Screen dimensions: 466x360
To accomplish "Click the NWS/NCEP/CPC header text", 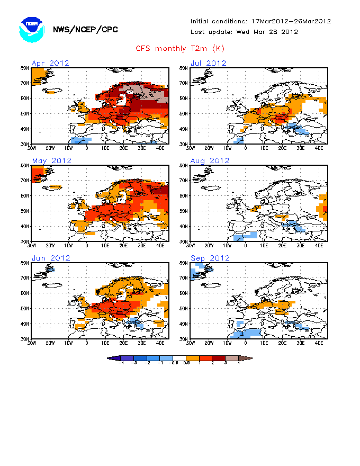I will click(x=85, y=30).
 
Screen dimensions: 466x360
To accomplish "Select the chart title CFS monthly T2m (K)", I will click(x=180, y=49).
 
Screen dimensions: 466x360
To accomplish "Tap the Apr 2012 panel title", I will click(x=50, y=64).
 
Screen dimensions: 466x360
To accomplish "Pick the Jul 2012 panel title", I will click(x=209, y=64).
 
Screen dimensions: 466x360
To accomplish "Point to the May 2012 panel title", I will click(x=51, y=161).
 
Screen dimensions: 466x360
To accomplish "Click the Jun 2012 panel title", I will click(x=51, y=258).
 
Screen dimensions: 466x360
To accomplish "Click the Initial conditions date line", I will click(x=260, y=21).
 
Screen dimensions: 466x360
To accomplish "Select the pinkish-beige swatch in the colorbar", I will click(x=233, y=359).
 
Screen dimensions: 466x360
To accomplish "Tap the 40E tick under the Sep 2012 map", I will click(x=319, y=342).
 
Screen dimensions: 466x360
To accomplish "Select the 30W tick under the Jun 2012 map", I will click(x=32, y=342).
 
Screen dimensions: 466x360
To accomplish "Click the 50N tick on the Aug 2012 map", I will click(x=184, y=211).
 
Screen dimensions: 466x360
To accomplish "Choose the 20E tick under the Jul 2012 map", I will click(x=282, y=147).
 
